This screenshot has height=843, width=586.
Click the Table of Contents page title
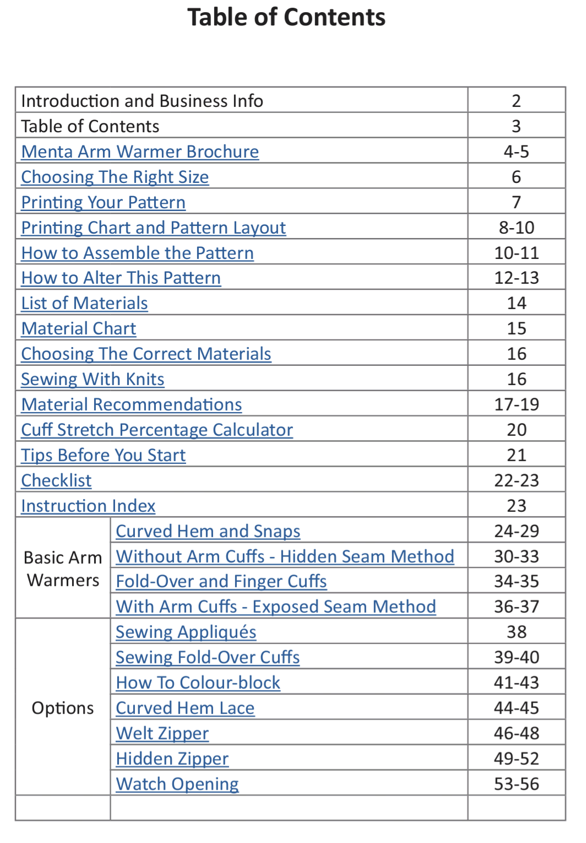tap(286, 17)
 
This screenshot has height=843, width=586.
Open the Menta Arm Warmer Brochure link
tap(140, 152)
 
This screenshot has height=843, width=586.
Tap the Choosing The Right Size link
tap(115, 177)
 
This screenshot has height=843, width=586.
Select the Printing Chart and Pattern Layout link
tap(154, 228)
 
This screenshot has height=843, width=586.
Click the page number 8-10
tap(516, 228)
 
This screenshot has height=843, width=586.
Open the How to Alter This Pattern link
tap(121, 278)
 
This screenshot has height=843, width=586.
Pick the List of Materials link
tap(85, 303)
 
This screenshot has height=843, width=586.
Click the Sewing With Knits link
tap(93, 379)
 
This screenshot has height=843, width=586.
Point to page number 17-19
tap(516, 404)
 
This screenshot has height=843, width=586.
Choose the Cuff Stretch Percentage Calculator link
tap(157, 430)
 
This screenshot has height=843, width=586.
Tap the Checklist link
tap(56, 480)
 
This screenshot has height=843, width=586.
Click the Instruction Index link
tap(88, 506)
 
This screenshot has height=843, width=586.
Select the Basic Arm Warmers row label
tap(63, 569)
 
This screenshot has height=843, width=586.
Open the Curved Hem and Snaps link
tap(208, 531)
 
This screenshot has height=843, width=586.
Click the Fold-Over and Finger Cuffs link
tap(221, 581)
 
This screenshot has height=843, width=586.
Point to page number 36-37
tap(516, 607)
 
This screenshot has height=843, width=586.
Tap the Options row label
tap(63, 708)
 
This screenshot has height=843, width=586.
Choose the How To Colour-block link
tap(198, 683)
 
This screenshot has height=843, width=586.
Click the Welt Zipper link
tap(162, 733)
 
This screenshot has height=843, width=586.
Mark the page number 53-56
tap(516, 784)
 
